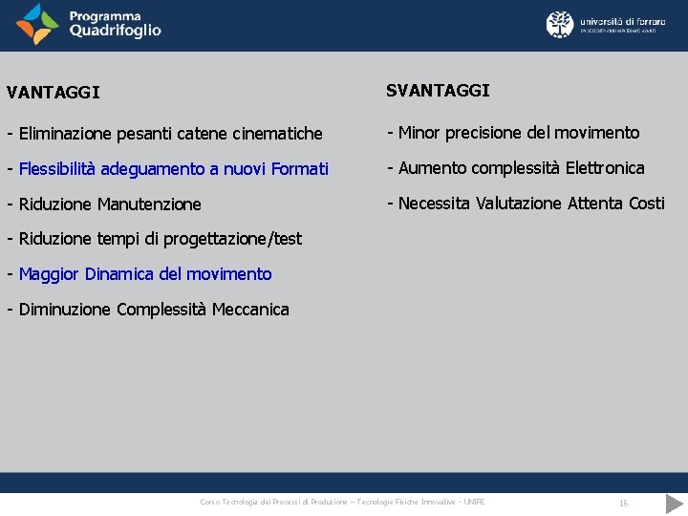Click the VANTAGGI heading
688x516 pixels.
click(53, 93)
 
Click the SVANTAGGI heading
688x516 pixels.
click(438, 90)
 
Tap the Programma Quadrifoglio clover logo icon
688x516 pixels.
click(37, 24)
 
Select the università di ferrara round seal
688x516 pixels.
click(560, 24)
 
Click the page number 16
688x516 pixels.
click(623, 503)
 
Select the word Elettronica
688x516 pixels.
click(605, 168)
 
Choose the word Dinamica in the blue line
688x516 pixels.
click(119, 274)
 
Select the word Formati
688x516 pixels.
click(299, 169)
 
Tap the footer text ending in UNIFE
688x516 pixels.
click(342, 503)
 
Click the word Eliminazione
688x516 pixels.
click(66, 134)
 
